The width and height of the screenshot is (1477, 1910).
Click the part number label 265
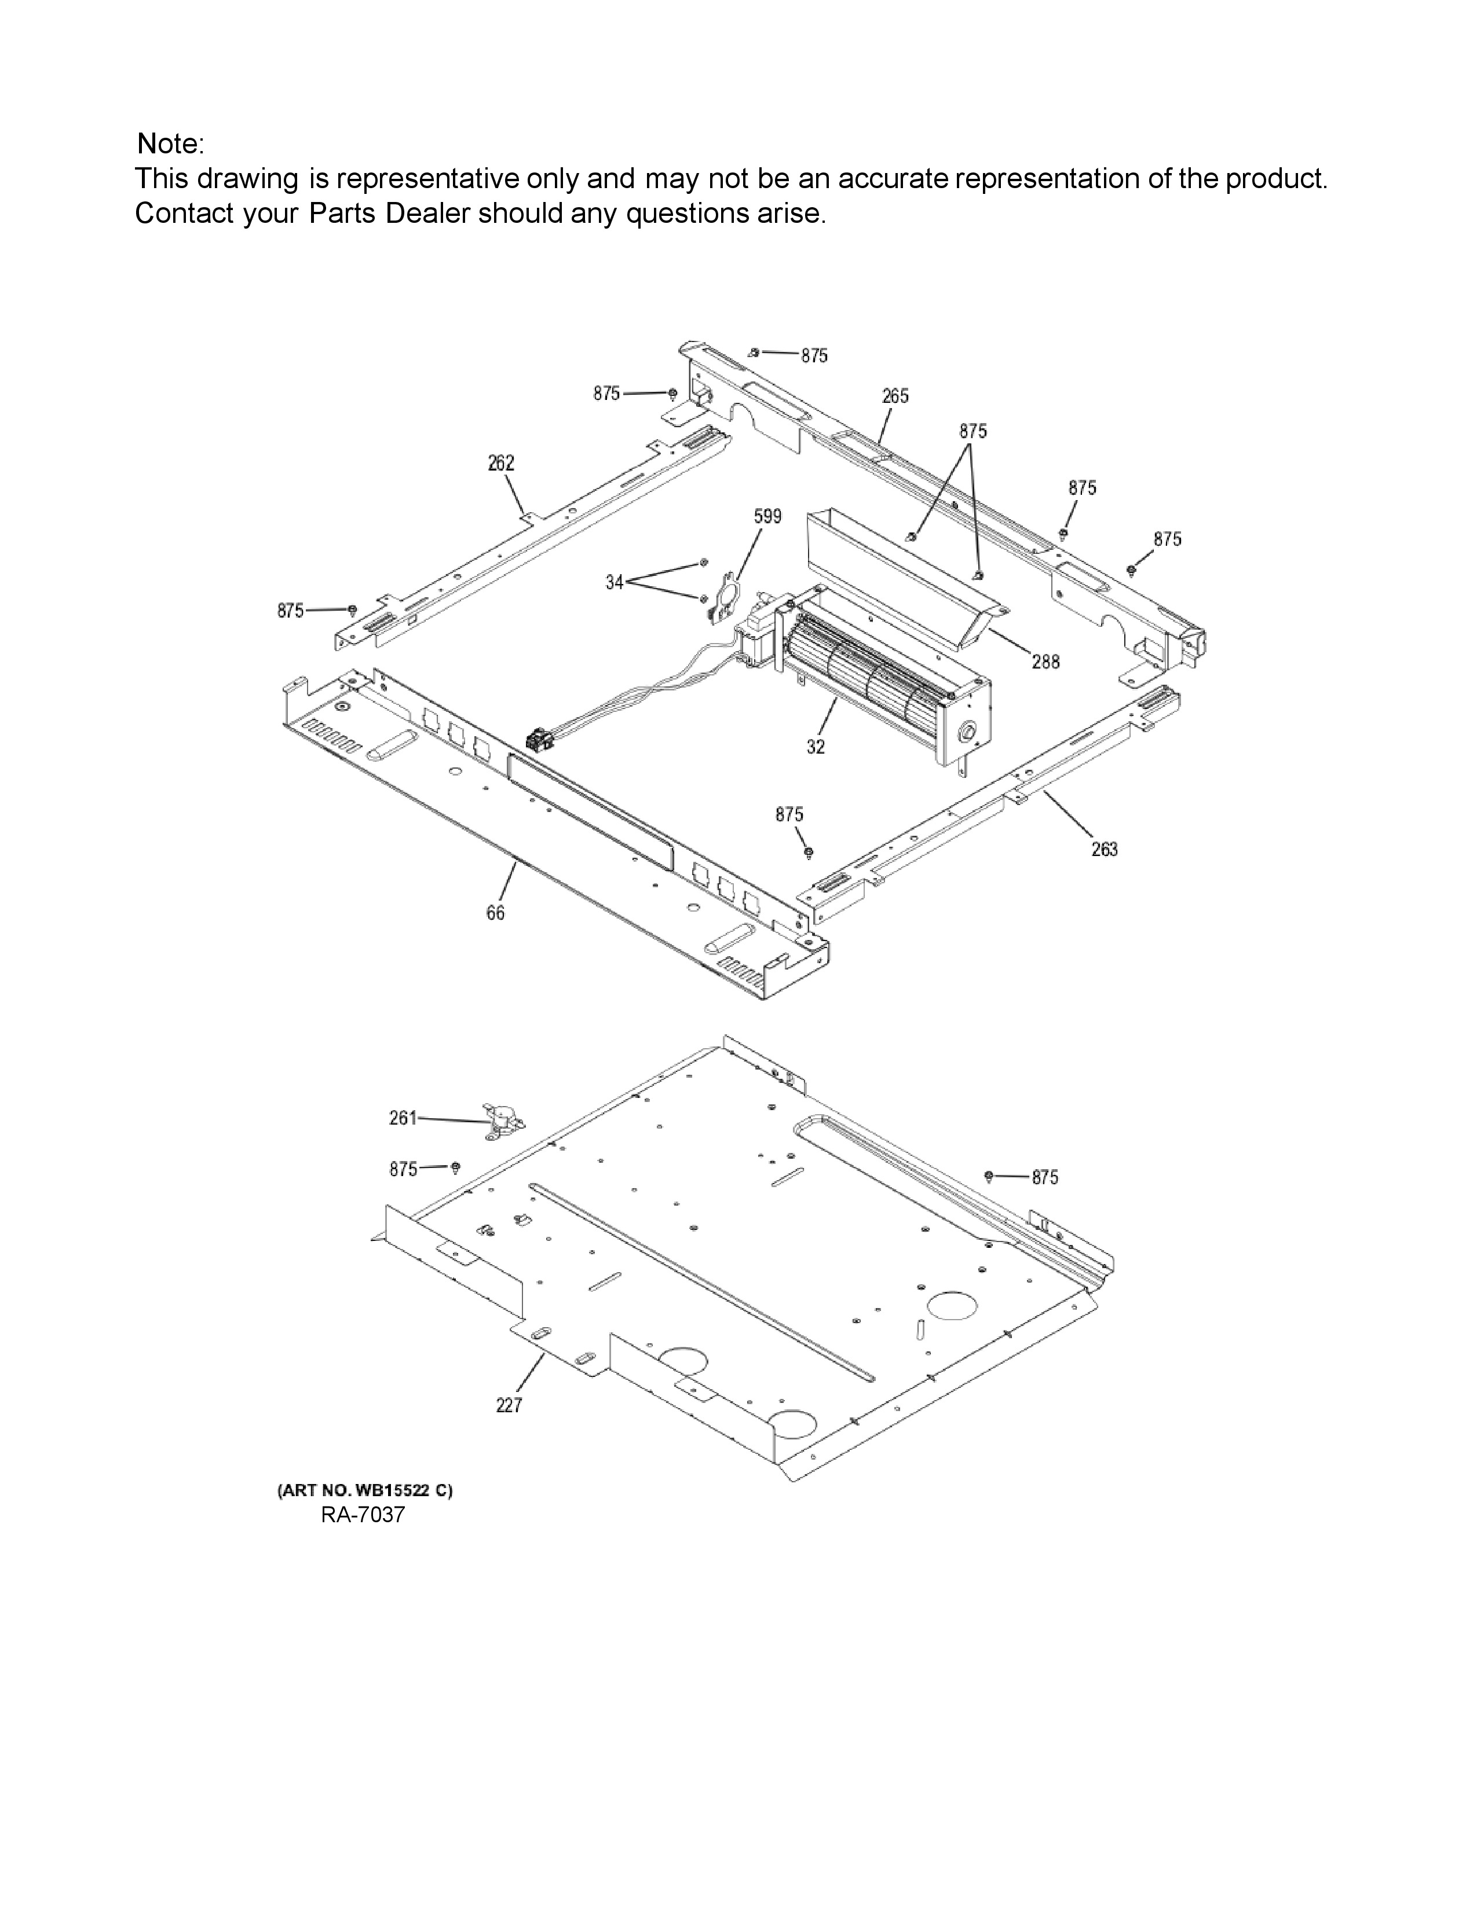pos(895,396)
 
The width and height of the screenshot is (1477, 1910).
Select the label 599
pos(767,517)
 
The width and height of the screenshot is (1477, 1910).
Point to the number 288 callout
pos(1045,662)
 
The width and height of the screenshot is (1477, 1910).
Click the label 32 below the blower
pos(816,746)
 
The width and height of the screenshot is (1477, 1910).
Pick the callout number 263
pos(1104,849)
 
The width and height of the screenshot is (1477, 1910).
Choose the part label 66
pos(495,913)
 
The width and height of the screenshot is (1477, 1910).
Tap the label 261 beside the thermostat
pos(403,1118)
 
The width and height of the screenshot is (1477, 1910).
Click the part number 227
pos(509,1405)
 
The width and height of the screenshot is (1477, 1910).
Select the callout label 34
pos(615,582)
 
